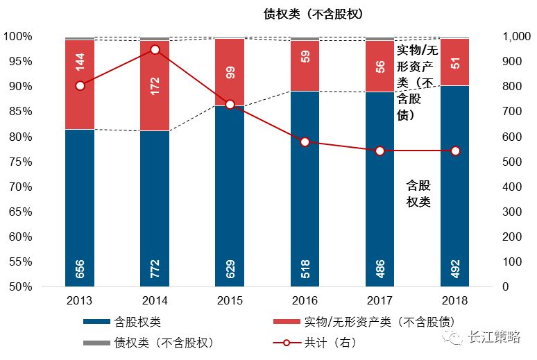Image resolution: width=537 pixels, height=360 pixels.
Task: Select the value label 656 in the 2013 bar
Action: point(80,267)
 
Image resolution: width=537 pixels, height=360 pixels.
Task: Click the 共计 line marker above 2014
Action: point(155,50)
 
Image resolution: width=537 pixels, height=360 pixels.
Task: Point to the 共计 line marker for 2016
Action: point(305,142)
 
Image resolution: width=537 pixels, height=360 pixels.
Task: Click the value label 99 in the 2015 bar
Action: point(230,72)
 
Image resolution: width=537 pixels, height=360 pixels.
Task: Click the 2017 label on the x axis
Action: point(380,300)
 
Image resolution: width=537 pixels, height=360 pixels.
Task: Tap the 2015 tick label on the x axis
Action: point(230,300)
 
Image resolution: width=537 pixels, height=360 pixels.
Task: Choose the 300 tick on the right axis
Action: point(512,212)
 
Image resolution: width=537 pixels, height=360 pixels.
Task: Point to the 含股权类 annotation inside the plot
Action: point(418,194)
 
